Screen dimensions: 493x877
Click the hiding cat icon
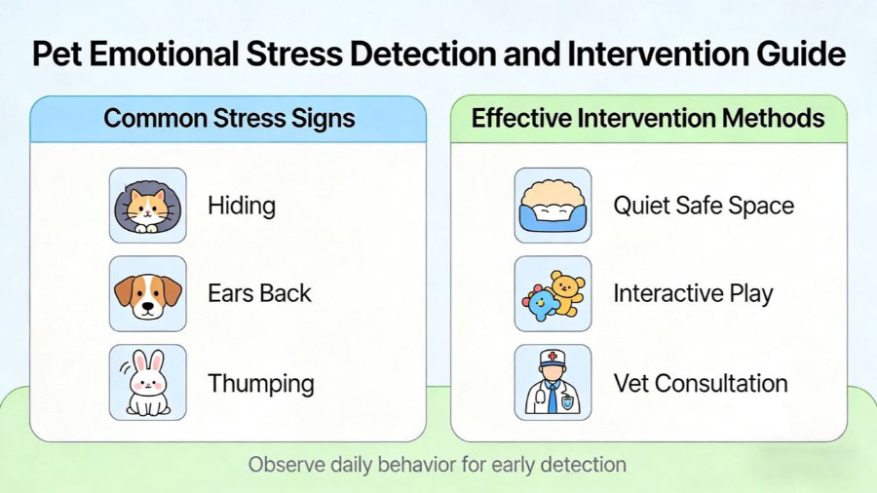147,206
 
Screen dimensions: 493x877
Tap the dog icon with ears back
147,293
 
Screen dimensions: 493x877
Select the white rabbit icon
147,383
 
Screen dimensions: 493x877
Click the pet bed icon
553,206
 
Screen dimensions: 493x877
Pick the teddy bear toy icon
553,293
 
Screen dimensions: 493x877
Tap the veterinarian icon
553,383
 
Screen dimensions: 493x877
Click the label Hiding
242,206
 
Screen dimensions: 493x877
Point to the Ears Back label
259,293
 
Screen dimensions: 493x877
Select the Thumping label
261,383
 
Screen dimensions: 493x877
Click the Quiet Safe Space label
704,206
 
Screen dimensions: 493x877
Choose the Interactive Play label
693,293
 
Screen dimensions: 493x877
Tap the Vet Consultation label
700,383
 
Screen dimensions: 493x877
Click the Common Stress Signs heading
229,119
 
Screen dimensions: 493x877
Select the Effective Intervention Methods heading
648,119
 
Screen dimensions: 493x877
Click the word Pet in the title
57,54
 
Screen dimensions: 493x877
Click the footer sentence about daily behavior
437,464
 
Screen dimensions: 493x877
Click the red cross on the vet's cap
553,358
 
